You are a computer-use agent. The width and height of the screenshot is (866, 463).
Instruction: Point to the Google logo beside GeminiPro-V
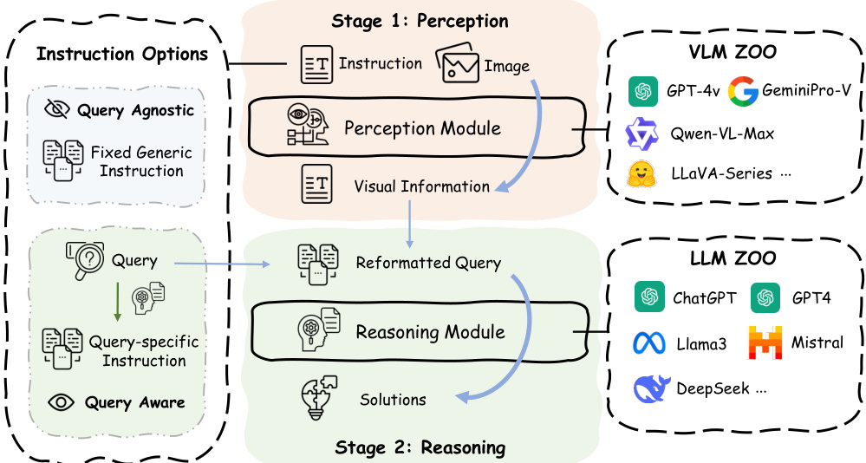pos(744,91)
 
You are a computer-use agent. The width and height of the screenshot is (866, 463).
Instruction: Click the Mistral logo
pos(766,342)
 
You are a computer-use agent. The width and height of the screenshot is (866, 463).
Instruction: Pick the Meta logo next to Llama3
pos(650,343)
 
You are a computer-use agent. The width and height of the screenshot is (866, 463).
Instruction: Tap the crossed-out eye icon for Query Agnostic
pos(58,110)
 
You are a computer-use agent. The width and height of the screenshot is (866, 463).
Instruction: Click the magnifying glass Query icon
pos(86,258)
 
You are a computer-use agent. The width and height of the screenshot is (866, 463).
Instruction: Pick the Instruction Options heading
pos(122,55)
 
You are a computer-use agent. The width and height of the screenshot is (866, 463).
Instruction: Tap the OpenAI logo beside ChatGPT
pos(649,297)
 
